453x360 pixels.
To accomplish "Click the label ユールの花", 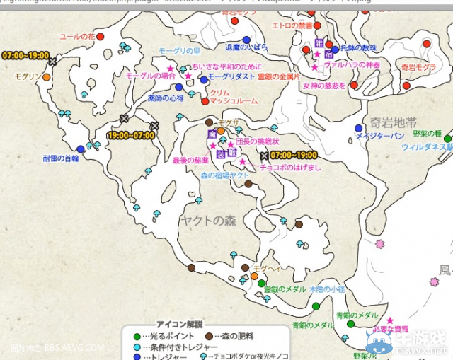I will [x=77, y=36].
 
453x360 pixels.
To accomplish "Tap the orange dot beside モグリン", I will [x=47, y=77].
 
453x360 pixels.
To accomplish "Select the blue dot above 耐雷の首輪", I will [x=81, y=149].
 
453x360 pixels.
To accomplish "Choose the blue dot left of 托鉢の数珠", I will [x=335, y=50].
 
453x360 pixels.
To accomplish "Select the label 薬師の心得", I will [x=166, y=98].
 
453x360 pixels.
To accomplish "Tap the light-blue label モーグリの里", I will [x=179, y=52].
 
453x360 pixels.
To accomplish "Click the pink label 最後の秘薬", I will [x=190, y=161].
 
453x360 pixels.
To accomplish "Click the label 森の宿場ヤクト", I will [x=224, y=175].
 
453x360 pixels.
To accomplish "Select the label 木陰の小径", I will [x=326, y=289].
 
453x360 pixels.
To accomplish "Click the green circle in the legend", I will [x=137, y=336].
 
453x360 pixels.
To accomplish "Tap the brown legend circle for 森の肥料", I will [x=209, y=336].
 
